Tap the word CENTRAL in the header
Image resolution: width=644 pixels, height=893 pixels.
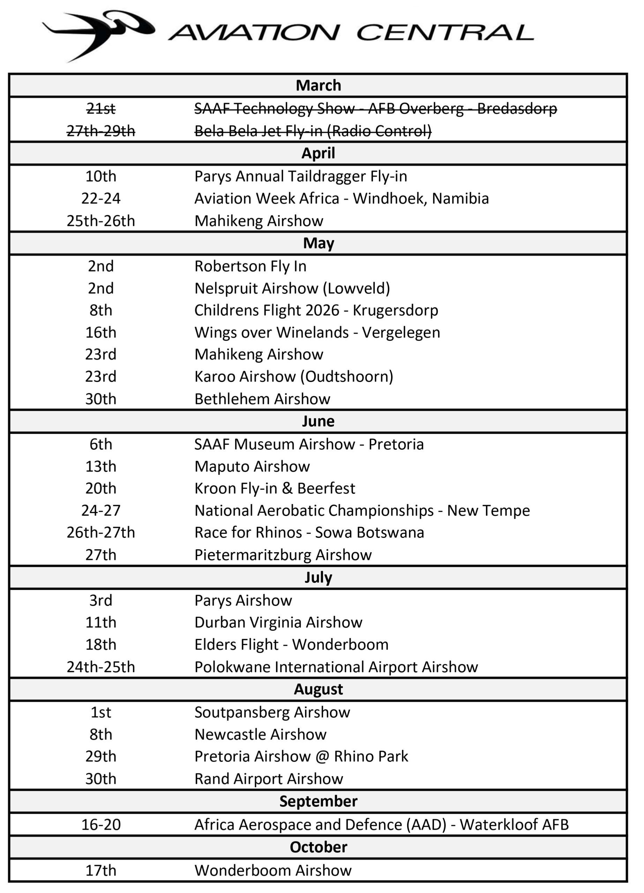[445, 32]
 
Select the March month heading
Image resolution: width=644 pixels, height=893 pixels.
[318, 85]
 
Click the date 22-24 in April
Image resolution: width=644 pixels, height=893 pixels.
[101, 198]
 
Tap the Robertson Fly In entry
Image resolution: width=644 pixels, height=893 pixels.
[250, 266]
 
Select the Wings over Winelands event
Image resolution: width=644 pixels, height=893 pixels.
[317, 332]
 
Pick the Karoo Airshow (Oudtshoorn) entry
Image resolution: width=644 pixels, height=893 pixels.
[294, 376]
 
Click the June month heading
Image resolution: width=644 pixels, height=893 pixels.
[318, 421]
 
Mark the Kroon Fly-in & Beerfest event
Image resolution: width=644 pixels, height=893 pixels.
[275, 488]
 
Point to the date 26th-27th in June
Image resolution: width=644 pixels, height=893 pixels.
[101, 532]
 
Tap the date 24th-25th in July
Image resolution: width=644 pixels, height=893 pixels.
[101, 667]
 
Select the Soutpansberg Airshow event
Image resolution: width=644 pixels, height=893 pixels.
[272, 712]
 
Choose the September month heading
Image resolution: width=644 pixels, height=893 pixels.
[318, 801]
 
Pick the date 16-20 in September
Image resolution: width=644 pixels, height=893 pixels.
[101, 825]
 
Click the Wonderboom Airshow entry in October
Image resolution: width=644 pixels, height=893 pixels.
[273, 870]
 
